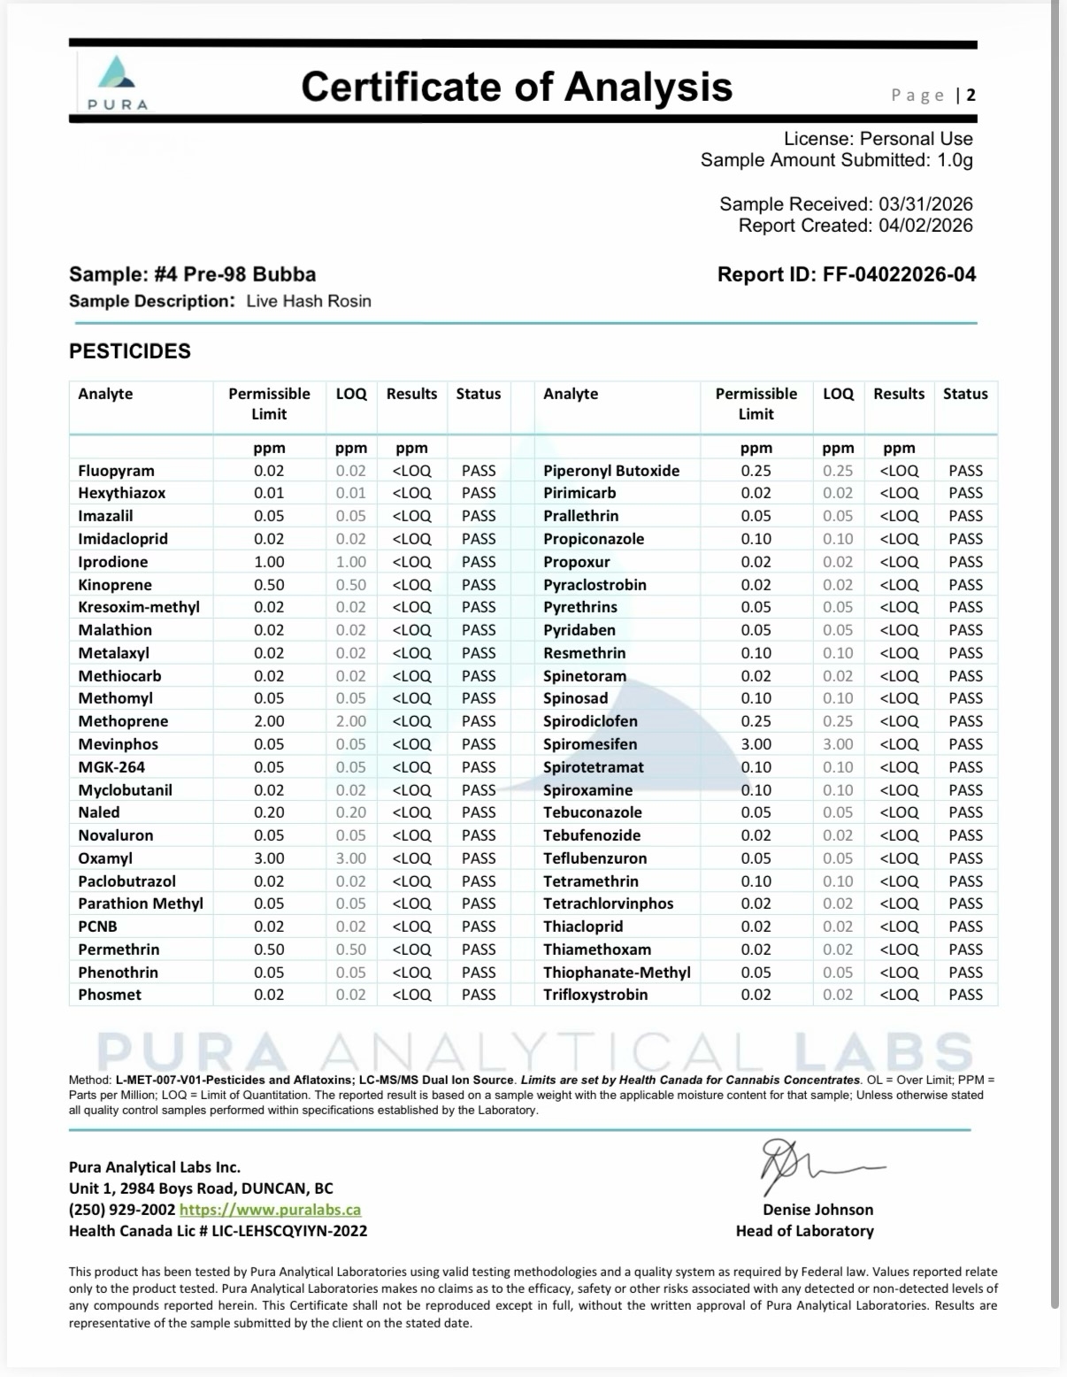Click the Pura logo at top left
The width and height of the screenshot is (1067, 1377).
point(118,82)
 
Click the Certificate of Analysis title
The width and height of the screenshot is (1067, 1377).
point(517,87)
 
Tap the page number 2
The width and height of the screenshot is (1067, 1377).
point(971,96)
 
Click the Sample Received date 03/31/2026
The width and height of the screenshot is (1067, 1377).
point(925,204)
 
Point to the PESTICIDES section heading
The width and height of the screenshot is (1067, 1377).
point(130,351)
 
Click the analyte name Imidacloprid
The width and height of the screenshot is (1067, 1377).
point(123,539)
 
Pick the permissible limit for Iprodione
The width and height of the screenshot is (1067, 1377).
point(269,562)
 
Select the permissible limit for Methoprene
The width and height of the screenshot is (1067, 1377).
point(269,721)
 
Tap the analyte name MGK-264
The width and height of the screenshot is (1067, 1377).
point(111,767)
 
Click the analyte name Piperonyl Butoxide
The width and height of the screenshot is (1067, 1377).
point(611,471)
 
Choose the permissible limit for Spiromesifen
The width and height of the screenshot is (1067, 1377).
point(756,744)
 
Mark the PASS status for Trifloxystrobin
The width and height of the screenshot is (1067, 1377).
point(965,995)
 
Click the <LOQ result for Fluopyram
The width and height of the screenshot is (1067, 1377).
point(411,471)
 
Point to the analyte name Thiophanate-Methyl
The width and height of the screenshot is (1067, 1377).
point(617,973)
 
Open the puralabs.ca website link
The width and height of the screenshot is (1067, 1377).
point(270,1210)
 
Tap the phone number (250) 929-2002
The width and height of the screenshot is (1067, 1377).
point(122,1210)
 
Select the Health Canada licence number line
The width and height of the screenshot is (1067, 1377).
point(218,1231)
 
